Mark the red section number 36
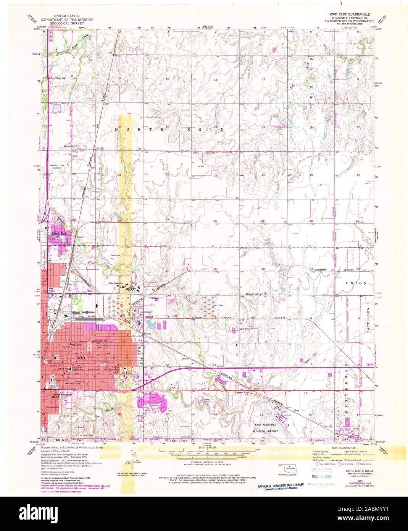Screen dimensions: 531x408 click(263, 269)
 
